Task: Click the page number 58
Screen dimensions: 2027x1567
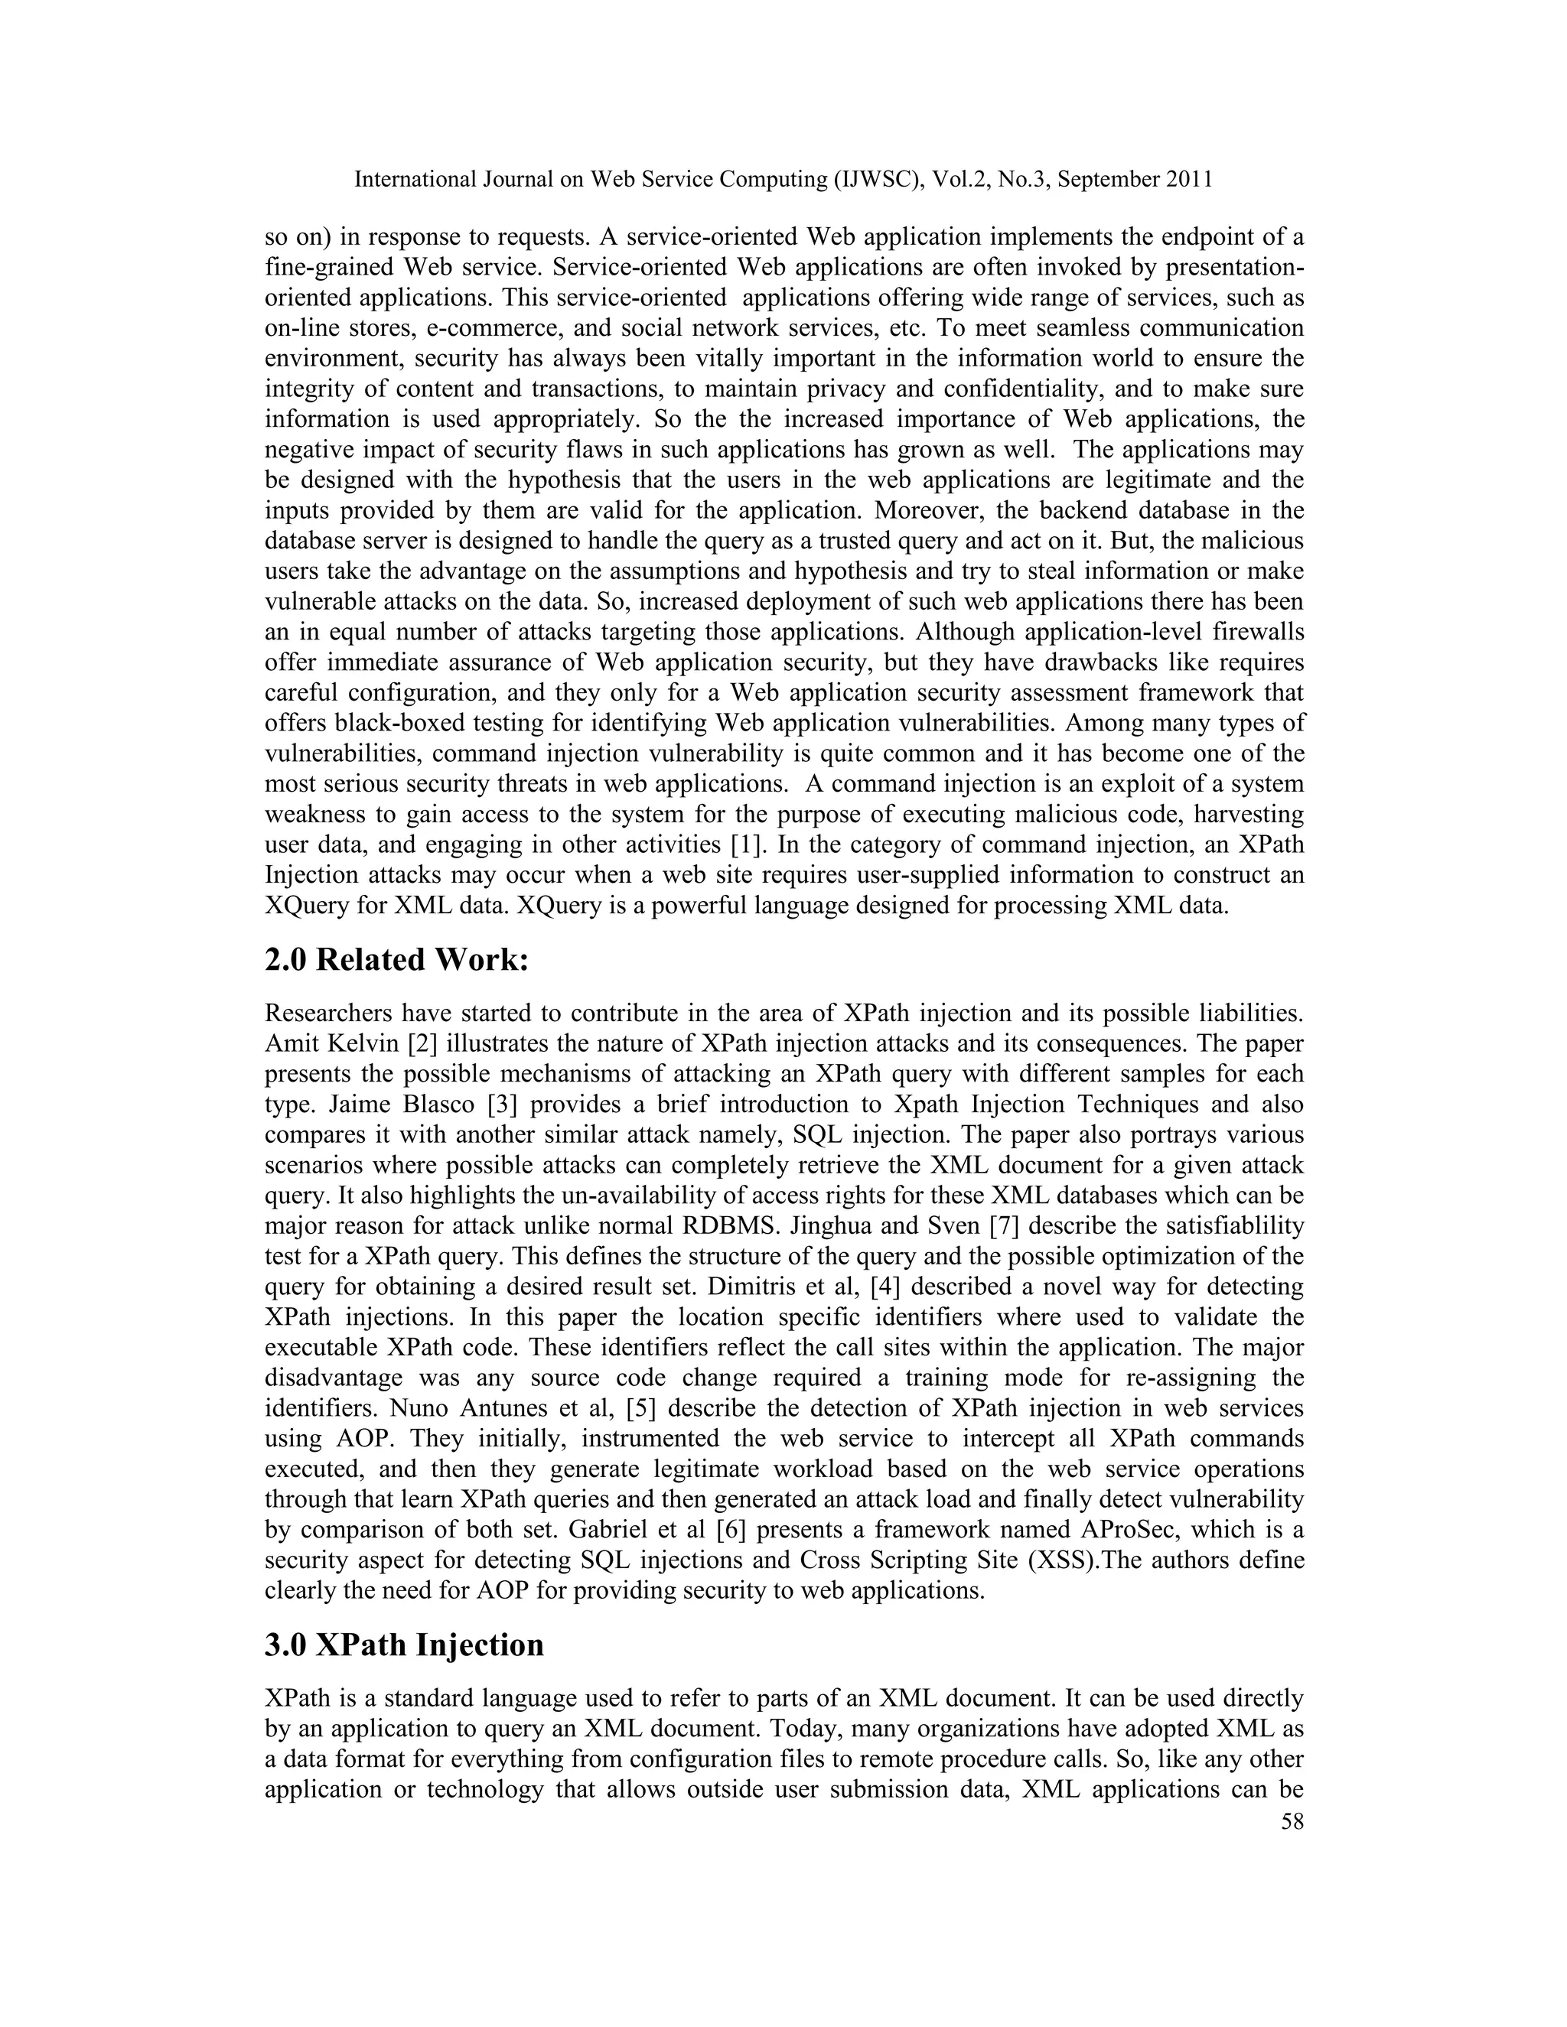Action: [x=1292, y=1821]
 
